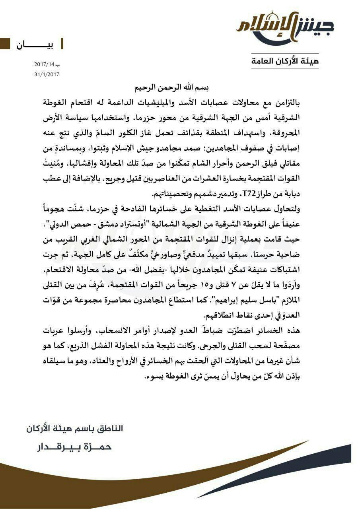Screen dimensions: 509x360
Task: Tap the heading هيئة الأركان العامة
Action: coord(285,61)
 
